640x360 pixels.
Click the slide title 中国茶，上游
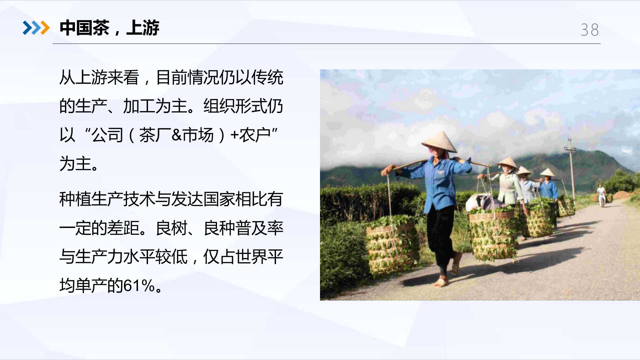pos(109,28)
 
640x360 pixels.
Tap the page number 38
pos(590,30)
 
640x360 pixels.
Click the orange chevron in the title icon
pos(45,28)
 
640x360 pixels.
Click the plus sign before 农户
pos(234,135)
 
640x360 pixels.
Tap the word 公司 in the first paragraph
pos(108,135)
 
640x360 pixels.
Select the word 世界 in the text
pos(251,257)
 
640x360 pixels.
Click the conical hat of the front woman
pos(439,142)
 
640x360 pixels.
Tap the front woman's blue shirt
pos(437,183)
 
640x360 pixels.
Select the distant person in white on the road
pos(601,195)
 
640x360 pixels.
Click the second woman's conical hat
pos(508,162)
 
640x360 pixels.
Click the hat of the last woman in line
pos(547,172)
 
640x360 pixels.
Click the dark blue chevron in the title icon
pos(27,28)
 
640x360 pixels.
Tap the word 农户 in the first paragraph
pos(255,135)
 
